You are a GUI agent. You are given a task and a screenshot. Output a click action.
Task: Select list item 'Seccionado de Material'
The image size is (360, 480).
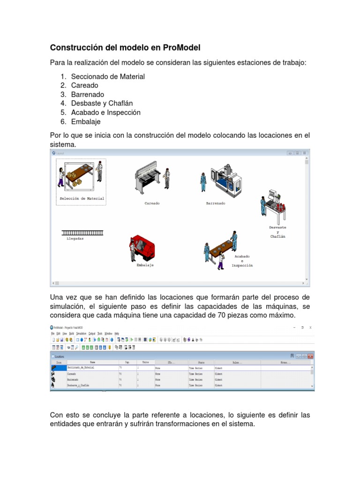point(108,76)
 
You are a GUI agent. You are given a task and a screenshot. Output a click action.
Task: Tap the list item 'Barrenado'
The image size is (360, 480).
point(88,94)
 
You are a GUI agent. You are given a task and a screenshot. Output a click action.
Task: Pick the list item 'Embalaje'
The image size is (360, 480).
point(86,121)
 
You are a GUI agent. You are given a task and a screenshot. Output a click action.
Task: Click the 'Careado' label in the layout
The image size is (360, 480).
point(152,203)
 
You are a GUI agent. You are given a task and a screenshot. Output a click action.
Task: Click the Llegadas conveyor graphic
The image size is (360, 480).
point(82,232)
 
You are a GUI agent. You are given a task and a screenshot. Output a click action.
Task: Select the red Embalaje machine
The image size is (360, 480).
point(142,248)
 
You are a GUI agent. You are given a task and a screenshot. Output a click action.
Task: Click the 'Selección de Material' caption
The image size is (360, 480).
point(82,199)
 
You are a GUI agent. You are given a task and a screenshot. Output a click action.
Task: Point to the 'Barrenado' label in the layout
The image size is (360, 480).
point(216,203)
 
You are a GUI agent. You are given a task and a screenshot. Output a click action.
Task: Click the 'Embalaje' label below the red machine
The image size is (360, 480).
point(145,265)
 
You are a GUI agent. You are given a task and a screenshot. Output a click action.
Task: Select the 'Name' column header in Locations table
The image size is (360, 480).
point(92,362)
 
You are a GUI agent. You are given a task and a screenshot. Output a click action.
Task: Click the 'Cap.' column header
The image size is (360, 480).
point(127,362)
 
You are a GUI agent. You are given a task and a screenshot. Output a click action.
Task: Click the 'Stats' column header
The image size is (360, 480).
point(201,362)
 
